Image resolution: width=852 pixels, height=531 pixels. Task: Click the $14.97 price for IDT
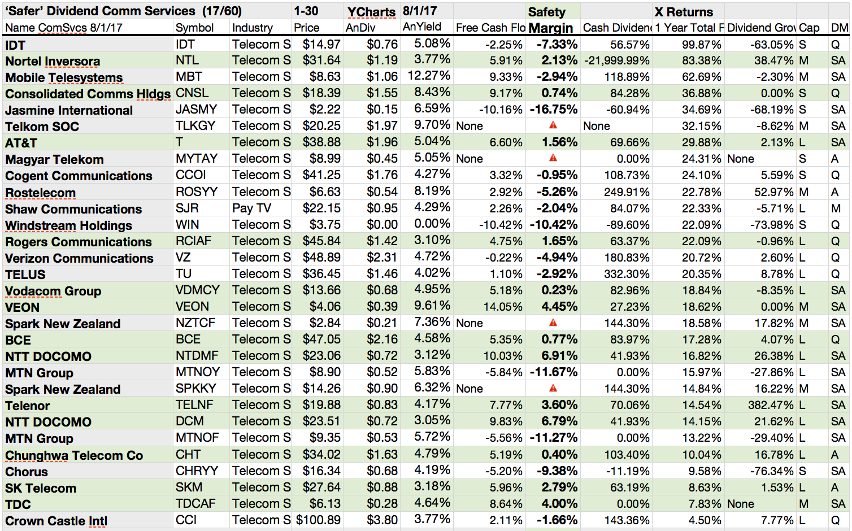pos(321,45)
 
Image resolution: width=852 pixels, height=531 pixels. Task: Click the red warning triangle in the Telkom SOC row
pos(553,125)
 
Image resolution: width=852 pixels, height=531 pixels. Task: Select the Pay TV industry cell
pos(251,208)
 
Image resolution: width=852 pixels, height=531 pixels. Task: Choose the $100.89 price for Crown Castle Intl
pos(319,520)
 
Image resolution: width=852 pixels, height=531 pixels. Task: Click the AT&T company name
pos(21,143)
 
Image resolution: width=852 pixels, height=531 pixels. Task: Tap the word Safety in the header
pos(546,12)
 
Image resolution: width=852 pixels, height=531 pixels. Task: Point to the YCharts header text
pos(371,12)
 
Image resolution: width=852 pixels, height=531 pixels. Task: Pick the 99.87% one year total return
pos(701,45)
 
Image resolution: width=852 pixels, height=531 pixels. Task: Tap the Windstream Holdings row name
pos(68,225)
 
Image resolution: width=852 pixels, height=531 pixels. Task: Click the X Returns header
pos(684,12)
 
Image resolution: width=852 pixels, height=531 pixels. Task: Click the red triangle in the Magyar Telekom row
pos(553,158)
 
